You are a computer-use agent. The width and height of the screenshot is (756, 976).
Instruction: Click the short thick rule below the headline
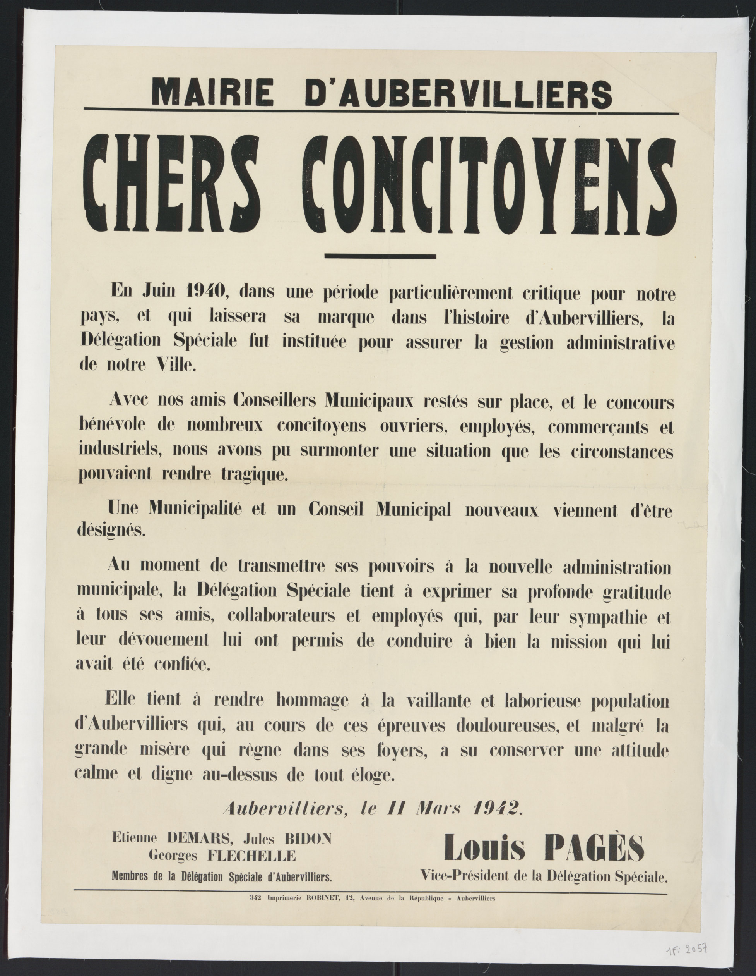click(x=380, y=256)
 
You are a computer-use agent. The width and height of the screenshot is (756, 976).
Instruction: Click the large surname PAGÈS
click(x=595, y=848)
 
